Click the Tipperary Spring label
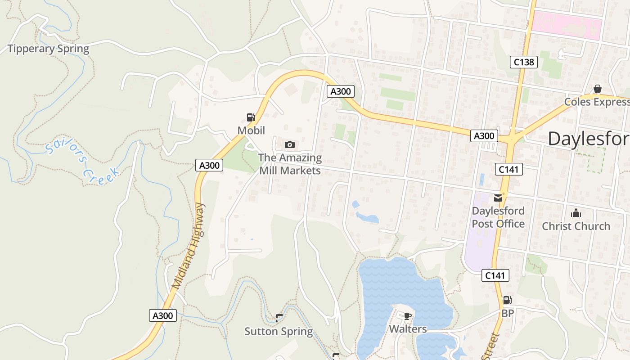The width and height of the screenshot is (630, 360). point(49,49)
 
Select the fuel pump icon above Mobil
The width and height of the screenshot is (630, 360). point(251,117)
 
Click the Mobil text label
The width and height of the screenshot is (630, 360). point(251,130)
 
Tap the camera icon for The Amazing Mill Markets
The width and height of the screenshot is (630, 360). point(290,144)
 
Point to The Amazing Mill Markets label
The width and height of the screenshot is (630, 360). point(290,164)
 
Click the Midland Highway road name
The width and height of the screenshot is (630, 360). point(188,246)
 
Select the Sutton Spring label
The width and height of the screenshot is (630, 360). point(279,332)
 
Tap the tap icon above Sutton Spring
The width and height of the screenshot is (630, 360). point(279,318)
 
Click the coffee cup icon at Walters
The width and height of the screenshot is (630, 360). point(408,315)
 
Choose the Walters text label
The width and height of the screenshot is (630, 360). point(408,329)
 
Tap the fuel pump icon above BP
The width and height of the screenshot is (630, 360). point(507,300)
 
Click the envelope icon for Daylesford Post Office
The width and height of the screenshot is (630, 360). point(498,198)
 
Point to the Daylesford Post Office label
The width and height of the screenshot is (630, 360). point(498,217)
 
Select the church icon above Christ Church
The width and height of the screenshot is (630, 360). point(576,213)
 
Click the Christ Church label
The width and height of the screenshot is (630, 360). point(576,226)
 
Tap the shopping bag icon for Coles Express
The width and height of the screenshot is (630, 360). point(598,89)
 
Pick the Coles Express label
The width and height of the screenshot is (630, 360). point(597,102)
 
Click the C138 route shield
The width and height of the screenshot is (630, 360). point(524,62)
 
